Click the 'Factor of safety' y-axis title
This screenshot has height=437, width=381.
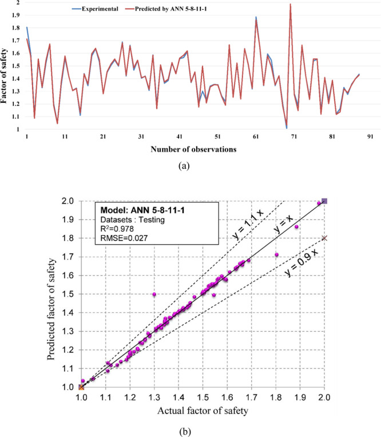(5, 65)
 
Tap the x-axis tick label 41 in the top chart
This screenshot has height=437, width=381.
(180, 137)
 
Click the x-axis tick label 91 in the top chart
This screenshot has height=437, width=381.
(370, 137)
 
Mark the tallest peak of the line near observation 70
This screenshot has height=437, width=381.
(291, 5)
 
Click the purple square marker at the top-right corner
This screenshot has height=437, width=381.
(324, 201)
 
